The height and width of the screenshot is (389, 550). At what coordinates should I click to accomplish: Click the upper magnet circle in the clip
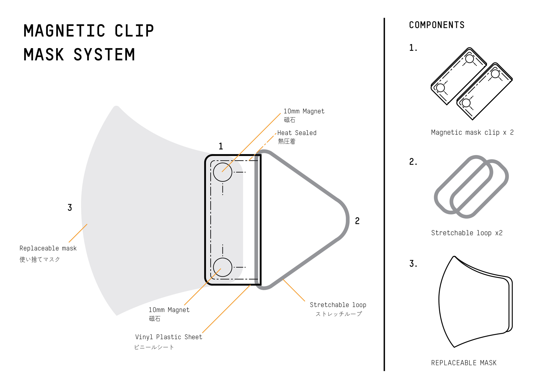[x=222, y=172]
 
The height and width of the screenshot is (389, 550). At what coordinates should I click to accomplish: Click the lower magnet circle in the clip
[x=222, y=267]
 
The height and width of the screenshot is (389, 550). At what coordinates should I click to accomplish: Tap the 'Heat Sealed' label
[x=297, y=133]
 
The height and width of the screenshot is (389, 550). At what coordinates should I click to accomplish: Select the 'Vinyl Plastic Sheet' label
[x=168, y=337]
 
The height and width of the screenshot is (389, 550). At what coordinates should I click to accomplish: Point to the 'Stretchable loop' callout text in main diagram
[x=338, y=305]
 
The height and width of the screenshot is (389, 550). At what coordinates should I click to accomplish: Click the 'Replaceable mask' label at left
[x=48, y=248]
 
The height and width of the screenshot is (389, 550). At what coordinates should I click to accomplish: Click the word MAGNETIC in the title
[x=64, y=31]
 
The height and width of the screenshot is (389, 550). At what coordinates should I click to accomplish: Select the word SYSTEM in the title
[x=104, y=55]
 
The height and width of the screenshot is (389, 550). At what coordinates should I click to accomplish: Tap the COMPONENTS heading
[x=437, y=25]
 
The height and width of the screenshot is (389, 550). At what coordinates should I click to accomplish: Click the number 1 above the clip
[x=221, y=146]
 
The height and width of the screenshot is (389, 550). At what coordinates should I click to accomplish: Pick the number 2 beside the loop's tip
[x=357, y=221]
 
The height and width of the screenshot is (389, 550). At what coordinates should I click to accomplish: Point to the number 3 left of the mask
[x=70, y=208]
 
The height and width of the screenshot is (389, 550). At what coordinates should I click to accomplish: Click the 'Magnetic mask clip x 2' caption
[x=472, y=132]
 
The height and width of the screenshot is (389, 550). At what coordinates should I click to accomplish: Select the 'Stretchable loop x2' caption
[x=467, y=233]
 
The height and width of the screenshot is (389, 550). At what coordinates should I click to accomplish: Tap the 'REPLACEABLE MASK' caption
[x=464, y=363]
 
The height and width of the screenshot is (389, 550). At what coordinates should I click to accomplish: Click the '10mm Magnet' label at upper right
[x=304, y=111]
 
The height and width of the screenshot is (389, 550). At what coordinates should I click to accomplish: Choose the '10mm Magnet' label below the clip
[x=169, y=310]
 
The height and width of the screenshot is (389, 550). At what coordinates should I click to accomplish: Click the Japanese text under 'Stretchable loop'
[x=339, y=314]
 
